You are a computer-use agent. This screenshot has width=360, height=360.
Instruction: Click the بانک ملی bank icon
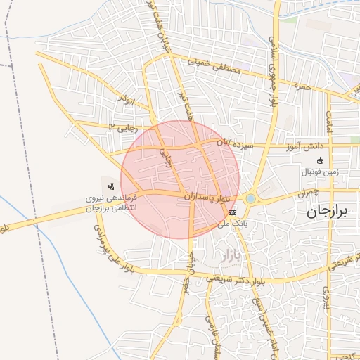pyautogui.click(x=233, y=212)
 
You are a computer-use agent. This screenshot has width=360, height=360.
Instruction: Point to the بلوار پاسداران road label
pyautogui.click(x=207, y=199)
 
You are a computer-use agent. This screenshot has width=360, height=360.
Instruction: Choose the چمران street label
pyautogui.click(x=308, y=191)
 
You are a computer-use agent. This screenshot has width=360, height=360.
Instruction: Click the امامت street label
pyautogui.click(x=328, y=118)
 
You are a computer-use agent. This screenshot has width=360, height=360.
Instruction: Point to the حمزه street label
pyautogui.click(x=302, y=88)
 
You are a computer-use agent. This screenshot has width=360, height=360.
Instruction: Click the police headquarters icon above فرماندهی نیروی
pyautogui.click(x=111, y=186)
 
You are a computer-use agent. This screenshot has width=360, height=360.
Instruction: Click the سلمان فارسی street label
pyautogui.click(x=208, y=330)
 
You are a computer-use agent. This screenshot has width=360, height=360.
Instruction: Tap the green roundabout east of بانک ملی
pyautogui.click(x=251, y=199)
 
